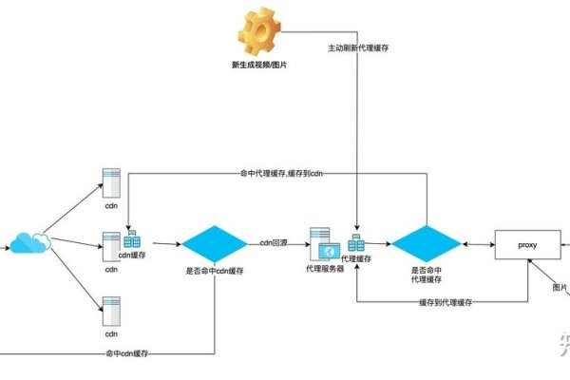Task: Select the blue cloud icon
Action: coord(30,243)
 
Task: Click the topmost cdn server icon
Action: coord(111,182)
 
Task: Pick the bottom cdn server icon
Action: coord(111,310)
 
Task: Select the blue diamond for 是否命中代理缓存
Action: coord(426,244)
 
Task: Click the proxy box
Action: coord(527,244)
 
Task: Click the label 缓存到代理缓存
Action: coord(446,302)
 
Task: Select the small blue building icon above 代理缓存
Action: coord(358,244)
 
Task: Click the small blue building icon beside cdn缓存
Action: coord(132,238)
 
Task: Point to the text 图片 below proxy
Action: coord(560,287)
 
